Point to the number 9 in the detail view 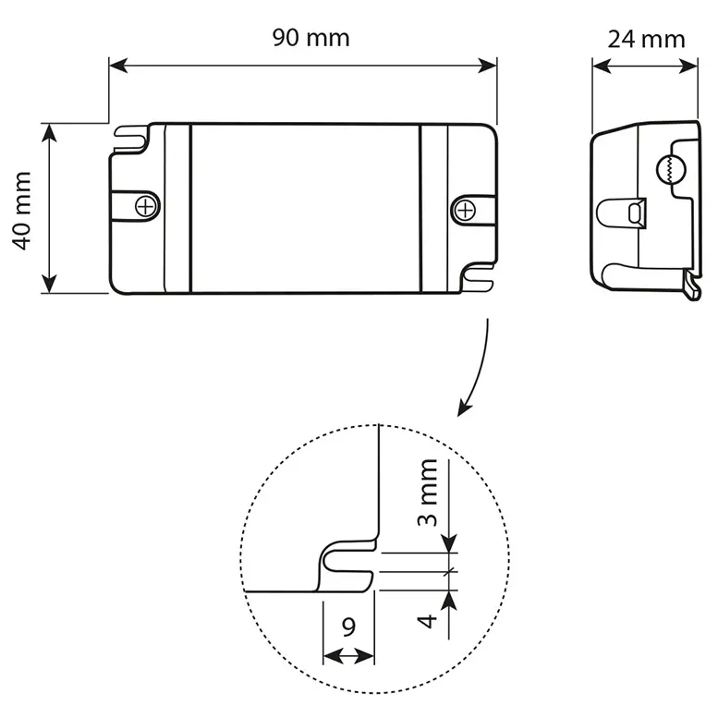tap(348, 627)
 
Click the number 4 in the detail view tap(426, 618)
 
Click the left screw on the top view tap(145, 206)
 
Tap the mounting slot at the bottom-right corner tap(479, 274)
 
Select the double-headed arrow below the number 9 tap(348, 655)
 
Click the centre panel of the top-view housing tap(305, 208)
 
